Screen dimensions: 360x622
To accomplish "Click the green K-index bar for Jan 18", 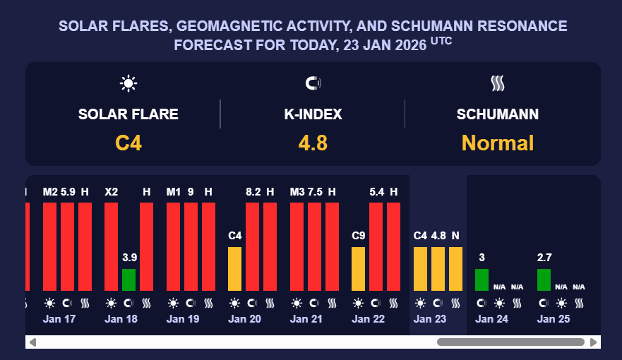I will pyautogui.click(x=128, y=280).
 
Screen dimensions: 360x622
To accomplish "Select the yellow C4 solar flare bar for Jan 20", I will pyautogui.click(x=234, y=268).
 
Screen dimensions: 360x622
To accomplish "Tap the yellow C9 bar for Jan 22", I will pyautogui.click(x=358, y=268).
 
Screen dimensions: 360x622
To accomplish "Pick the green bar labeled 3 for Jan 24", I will pyautogui.click(x=482, y=280).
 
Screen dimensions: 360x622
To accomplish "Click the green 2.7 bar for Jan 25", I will pyautogui.click(x=544, y=280).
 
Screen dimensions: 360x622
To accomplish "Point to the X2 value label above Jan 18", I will pyautogui.click(x=111, y=191).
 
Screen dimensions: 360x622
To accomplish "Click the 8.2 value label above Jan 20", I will pyautogui.click(x=252, y=191).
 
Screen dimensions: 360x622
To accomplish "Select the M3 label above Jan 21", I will pyautogui.click(x=297, y=191).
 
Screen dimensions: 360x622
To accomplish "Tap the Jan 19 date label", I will pyautogui.click(x=183, y=319).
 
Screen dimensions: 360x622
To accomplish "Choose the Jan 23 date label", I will pyautogui.click(x=430, y=319).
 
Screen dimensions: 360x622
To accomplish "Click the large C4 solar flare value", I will pyautogui.click(x=128, y=143).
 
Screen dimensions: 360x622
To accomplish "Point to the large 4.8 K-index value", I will pyautogui.click(x=313, y=143).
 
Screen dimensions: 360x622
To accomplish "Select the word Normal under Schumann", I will pyautogui.click(x=498, y=143).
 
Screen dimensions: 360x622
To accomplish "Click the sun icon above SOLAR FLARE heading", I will pyautogui.click(x=128, y=84).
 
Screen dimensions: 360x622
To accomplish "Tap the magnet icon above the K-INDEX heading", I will pyautogui.click(x=313, y=84).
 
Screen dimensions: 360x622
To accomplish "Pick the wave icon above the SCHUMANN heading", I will pyautogui.click(x=498, y=84).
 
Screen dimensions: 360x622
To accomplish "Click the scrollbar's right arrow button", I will pyautogui.click(x=594, y=342).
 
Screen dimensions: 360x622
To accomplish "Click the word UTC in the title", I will pyautogui.click(x=441, y=40).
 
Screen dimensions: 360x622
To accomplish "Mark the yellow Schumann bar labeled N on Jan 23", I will pyautogui.click(x=455, y=268).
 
